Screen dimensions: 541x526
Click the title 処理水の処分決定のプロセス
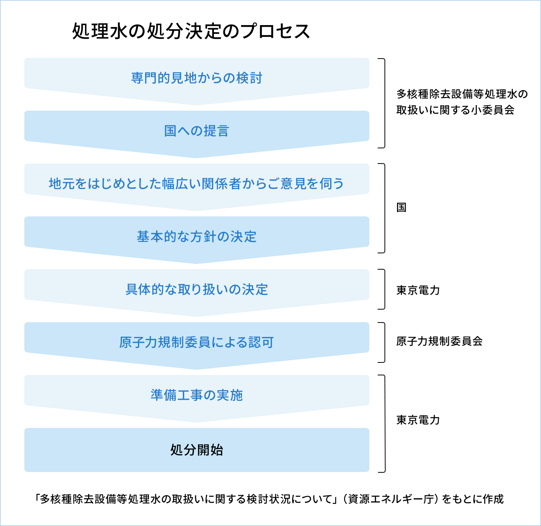coord(191,31)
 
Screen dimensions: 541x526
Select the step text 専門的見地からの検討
coord(196,78)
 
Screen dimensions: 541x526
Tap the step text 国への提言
coord(196,131)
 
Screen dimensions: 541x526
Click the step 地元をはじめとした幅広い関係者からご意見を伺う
coord(196,184)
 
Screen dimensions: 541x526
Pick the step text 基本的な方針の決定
coord(196,237)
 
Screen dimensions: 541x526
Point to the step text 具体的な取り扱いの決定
coord(196,289)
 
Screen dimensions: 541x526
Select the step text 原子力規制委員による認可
coord(196,342)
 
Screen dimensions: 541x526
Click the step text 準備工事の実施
coord(196,395)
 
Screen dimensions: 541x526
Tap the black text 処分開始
coord(196,450)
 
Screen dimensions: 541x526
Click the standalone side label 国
coord(402,207)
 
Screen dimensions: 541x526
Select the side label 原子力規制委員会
coord(439,341)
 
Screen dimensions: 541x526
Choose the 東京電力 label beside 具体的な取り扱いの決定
coord(418,290)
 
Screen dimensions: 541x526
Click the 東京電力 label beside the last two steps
coord(418,420)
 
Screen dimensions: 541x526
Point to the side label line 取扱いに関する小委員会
coord(455,110)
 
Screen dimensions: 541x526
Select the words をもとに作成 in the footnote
coord(473,499)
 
